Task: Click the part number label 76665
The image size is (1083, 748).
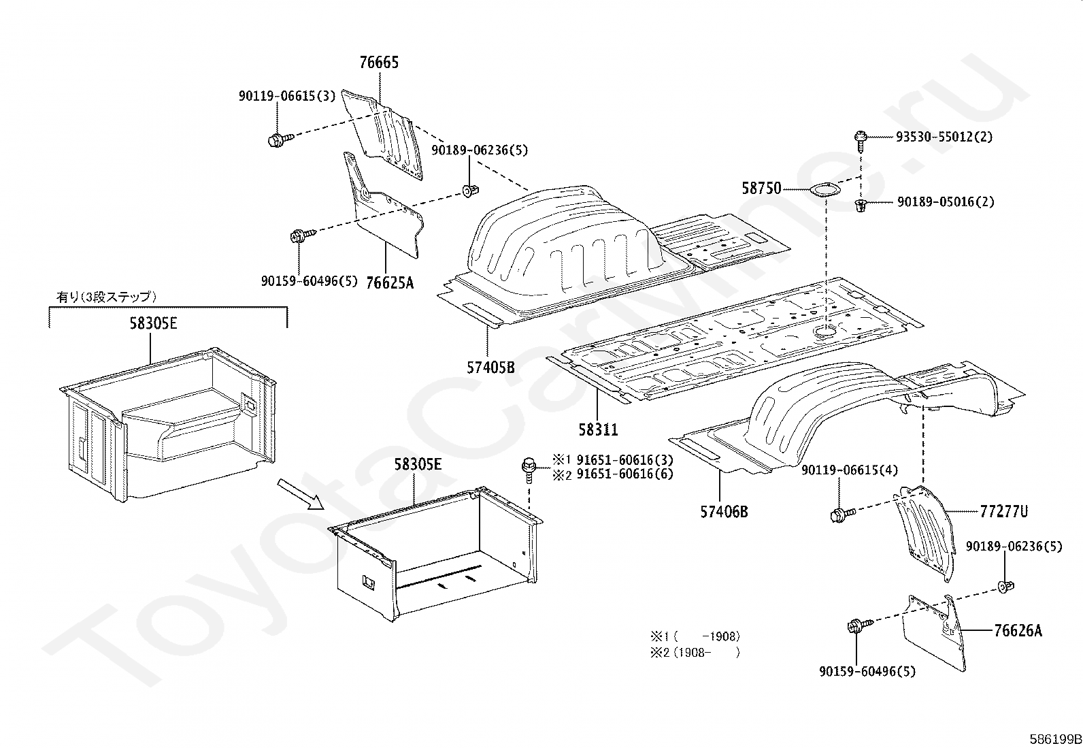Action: pos(379,63)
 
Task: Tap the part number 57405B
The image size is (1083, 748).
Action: pos(490,368)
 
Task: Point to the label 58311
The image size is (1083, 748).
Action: pos(598,429)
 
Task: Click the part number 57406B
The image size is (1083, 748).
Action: pos(723,511)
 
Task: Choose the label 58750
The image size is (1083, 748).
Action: pos(761,189)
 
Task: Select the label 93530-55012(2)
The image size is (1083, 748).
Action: pos(944,137)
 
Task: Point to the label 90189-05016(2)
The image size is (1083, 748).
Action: pos(945,202)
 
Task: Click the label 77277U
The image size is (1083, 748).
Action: pos(1003,511)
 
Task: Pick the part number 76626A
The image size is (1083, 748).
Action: pos(1018,631)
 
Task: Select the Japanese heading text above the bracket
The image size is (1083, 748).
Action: pos(106,297)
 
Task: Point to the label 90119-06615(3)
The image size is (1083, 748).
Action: pos(287,96)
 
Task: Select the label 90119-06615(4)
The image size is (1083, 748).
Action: pos(849,470)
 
